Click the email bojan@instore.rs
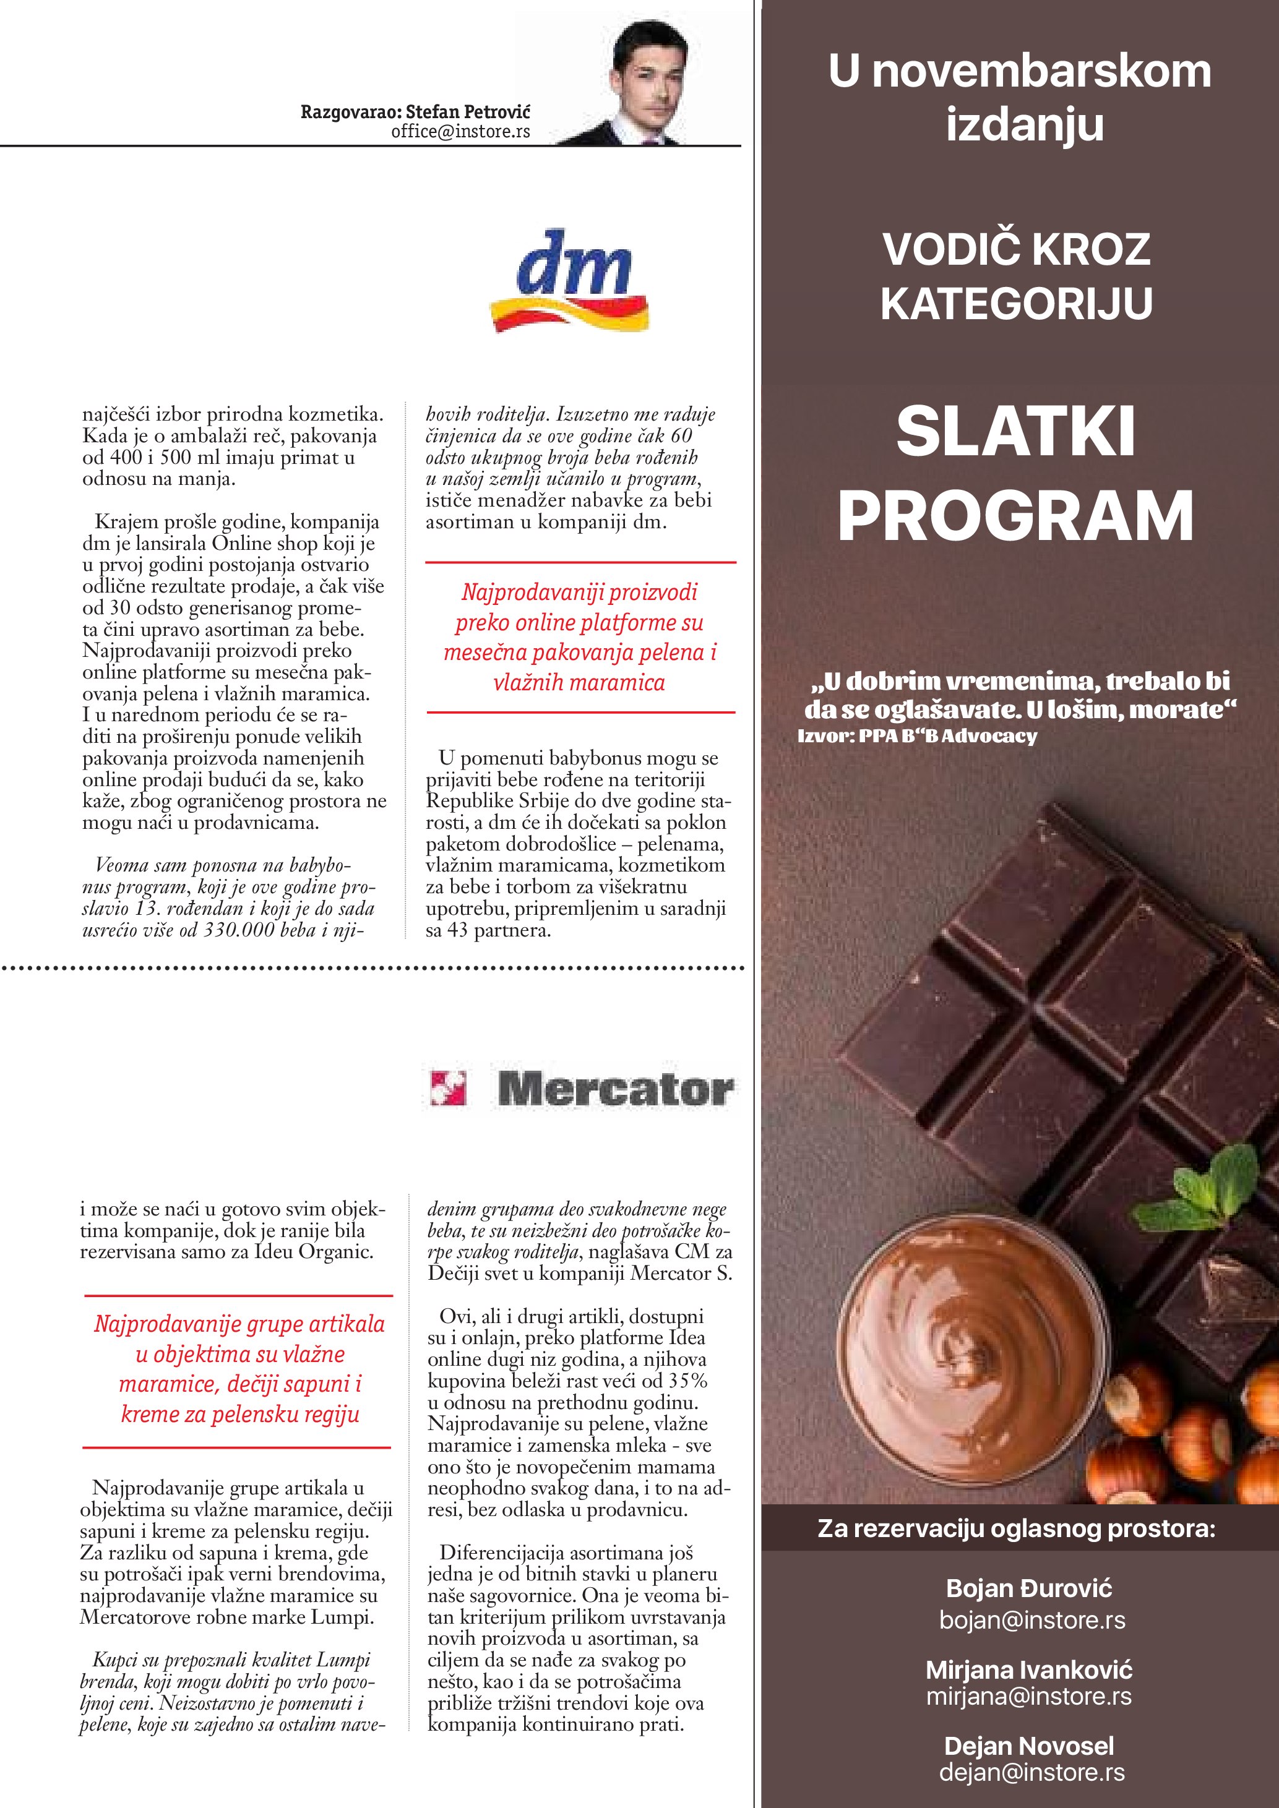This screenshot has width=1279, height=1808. coord(1031,1620)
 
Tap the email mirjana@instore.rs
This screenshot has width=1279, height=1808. coord(1028,1695)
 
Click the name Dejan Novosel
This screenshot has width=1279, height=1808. coord(1028,1746)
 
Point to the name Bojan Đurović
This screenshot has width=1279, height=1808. coord(1028,1588)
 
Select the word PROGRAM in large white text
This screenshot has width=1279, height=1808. coord(1016,516)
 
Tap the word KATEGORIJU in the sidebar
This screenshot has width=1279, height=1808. coord(1016,303)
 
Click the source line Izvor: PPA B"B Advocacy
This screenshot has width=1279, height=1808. coord(917,736)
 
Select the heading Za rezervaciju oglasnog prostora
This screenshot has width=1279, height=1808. coord(1016,1528)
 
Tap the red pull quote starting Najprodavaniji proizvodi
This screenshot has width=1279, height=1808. coord(580,637)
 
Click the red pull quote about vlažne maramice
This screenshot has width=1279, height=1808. coord(239,1369)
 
